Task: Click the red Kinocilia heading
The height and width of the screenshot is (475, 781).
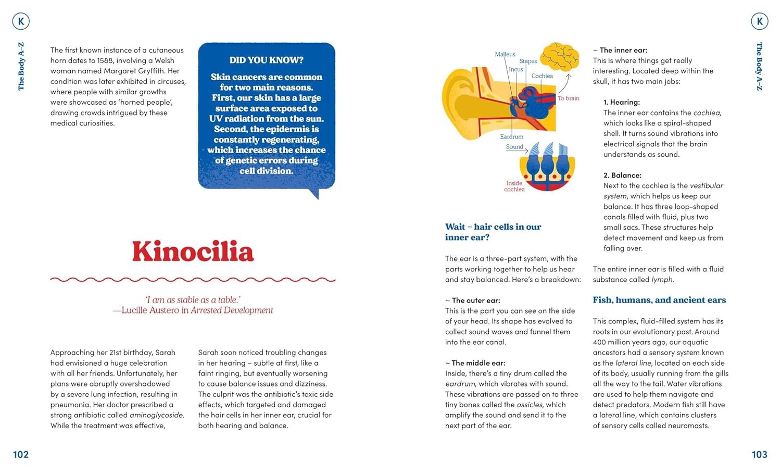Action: click(193, 252)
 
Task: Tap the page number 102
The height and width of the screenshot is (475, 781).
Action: click(21, 455)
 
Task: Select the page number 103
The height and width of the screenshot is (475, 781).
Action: click(759, 455)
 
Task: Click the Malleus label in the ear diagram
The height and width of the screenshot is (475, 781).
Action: click(505, 54)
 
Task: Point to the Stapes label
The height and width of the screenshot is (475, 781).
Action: click(528, 61)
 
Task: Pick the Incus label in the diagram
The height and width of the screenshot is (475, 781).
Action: click(515, 69)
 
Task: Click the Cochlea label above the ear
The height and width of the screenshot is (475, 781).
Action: click(542, 76)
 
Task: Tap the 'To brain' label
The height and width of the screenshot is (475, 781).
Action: click(569, 98)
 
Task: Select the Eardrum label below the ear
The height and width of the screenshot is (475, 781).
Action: click(511, 136)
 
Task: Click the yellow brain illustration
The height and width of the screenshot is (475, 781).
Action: click(560, 57)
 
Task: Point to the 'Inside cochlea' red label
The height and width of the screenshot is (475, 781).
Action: click(514, 186)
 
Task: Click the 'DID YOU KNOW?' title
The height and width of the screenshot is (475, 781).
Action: click(266, 60)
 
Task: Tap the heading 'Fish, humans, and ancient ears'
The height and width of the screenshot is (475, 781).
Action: click(659, 300)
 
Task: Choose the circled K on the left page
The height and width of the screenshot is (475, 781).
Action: click(21, 21)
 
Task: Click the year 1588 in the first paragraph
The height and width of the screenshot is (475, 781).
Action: click(105, 60)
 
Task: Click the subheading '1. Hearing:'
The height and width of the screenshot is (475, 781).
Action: click(622, 102)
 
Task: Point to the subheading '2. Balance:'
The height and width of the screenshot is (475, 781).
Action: click(622, 175)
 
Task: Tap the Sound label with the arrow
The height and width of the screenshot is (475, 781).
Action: click(514, 147)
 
